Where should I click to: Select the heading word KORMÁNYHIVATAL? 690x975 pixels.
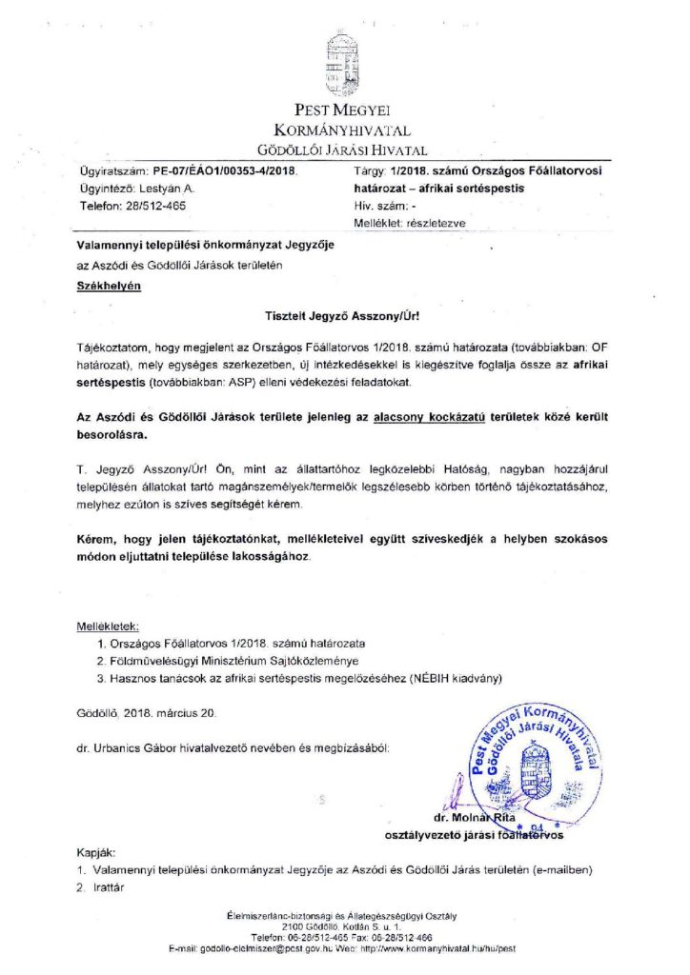[343, 129]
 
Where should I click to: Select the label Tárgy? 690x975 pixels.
[368, 172]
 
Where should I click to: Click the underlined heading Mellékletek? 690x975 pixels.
[108, 627]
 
